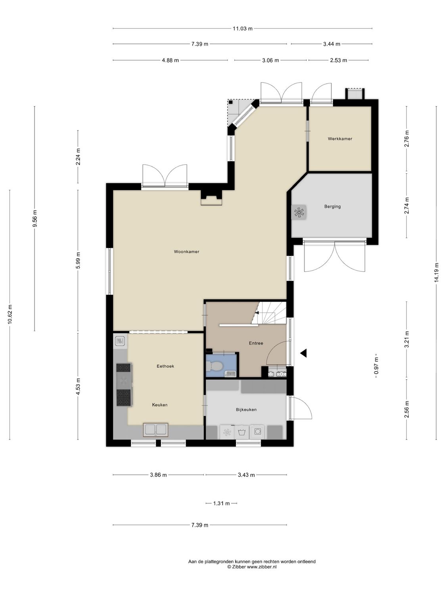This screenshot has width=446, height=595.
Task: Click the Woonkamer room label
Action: [x=186, y=251]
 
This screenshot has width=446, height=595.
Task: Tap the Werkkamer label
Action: [x=340, y=139]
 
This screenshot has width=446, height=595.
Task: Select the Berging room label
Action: [x=332, y=206]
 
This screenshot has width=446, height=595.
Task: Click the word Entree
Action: [x=256, y=343]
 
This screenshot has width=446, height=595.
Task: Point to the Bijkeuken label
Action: [x=246, y=409]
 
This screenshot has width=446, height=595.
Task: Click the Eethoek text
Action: [x=165, y=366]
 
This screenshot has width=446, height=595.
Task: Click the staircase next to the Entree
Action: [x=272, y=313]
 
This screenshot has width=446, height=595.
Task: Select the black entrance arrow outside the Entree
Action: [x=304, y=353]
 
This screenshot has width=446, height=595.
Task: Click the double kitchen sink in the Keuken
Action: [x=156, y=430]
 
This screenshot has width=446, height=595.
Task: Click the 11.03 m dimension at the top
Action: [x=242, y=29]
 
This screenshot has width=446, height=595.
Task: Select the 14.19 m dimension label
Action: [x=436, y=273]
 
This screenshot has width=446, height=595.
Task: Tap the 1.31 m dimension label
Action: [x=221, y=503]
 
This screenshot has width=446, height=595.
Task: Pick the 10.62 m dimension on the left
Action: [x=10, y=315]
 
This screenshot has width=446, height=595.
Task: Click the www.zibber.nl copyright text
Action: [x=252, y=567]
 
